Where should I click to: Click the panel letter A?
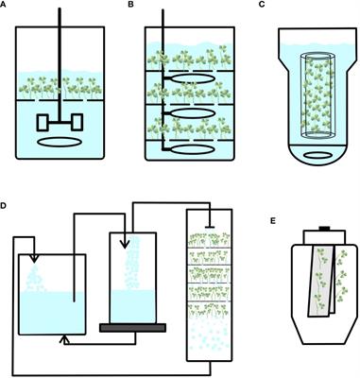pos(3,4)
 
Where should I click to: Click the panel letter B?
pos(131,4)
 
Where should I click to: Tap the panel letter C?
pos(262,4)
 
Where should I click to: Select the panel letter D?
pos(3,206)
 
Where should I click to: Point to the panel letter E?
pos(273,221)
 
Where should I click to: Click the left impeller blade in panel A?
pos(43,123)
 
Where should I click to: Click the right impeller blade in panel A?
pos(77,122)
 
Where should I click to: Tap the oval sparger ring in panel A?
pos(59,142)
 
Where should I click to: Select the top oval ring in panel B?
pos(194,78)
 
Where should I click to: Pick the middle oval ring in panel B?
pos(194,112)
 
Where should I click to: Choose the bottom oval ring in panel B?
pos(194,148)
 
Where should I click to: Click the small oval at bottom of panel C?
pos(318,155)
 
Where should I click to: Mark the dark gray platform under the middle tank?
pos(132,328)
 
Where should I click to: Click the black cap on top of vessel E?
pos(324,229)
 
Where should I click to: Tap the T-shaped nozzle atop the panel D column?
pos(210,226)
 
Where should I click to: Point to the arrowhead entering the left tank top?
pos(34,258)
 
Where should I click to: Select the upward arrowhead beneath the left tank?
pos(64,339)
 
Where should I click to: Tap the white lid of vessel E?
pos(324,237)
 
